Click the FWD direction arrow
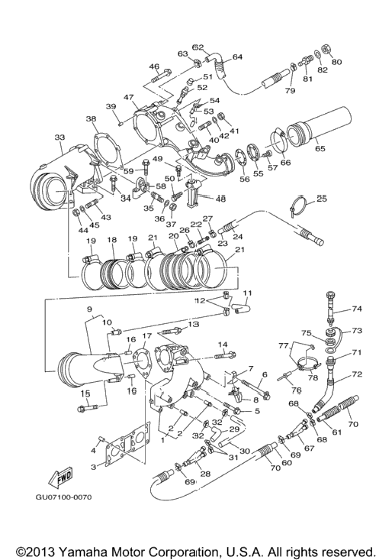(60, 477)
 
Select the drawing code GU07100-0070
(63, 497)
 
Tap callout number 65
(320, 148)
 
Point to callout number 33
(60, 138)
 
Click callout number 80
(336, 62)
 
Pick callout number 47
(129, 97)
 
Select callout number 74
(356, 309)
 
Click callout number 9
(89, 309)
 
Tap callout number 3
(93, 467)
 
